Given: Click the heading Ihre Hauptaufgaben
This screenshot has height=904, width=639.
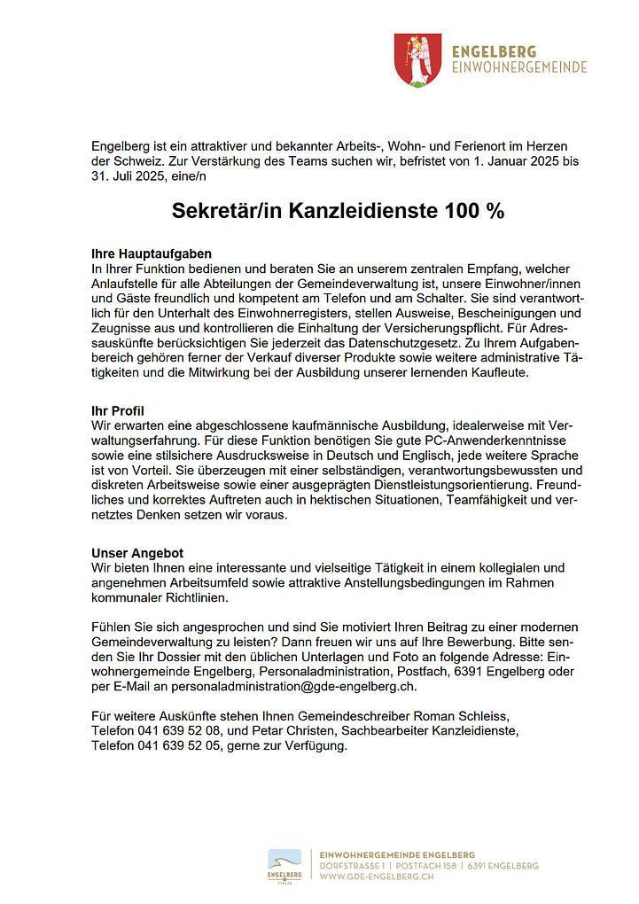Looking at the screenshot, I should (x=152, y=253).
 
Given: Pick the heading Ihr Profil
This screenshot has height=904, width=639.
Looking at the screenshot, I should (x=118, y=410).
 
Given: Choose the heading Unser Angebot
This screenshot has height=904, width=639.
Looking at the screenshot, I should (x=137, y=552).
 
